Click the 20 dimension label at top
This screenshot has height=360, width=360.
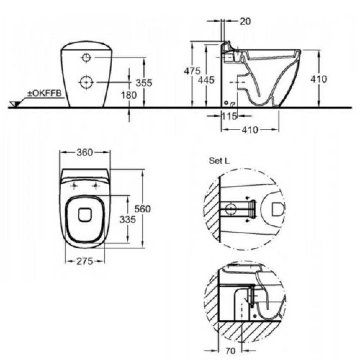coord(245,21)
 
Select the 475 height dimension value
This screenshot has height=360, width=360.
coord(192,71)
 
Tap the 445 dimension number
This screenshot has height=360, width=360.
coord(206,80)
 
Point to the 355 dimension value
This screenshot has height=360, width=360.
coord(144,83)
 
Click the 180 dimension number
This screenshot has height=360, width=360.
coord(129,95)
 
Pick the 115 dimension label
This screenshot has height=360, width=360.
coord(229,116)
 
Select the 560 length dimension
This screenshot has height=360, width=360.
coord(142,209)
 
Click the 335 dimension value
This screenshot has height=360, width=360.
coord(128,220)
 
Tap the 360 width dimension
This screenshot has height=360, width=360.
coord(85,152)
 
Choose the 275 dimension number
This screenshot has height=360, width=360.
coord(85,261)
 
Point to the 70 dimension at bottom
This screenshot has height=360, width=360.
coord(230,351)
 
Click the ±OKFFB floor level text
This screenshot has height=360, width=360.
coord(45,93)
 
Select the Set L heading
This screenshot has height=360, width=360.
coord(219,161)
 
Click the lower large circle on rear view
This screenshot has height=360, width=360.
coord(86,82)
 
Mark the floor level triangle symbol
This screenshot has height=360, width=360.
coord(14,104)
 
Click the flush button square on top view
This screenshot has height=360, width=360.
coord(85,215)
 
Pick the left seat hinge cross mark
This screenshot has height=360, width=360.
coord(74,186)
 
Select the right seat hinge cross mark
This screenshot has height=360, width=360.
coord(96,186)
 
